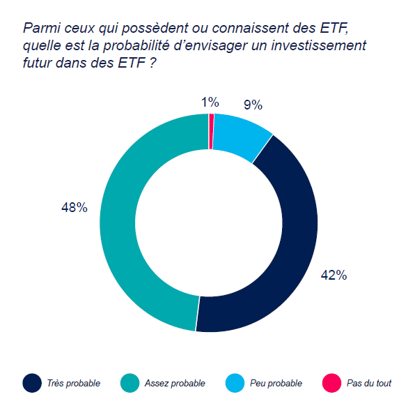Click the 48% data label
click(x=75, y=207)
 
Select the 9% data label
click(x=252, y=105)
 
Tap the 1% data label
click(x=210, y=103)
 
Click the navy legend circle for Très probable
click(x=32, y=383)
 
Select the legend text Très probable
click(x=74, y=384)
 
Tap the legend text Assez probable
click(x=175, y=384)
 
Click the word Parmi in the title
click(x=40, y=29)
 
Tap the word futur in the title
click(x=40, y=62)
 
